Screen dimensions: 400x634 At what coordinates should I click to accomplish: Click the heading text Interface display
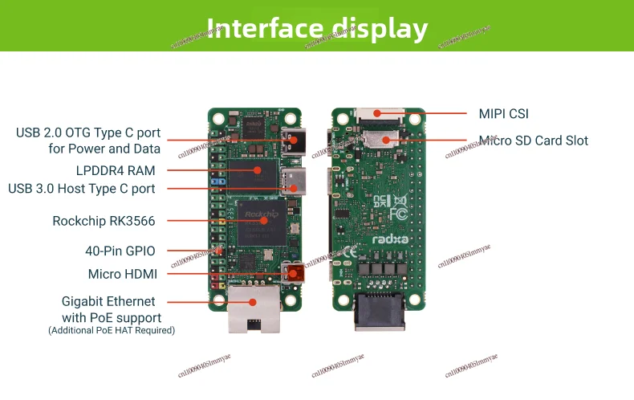tap(317, 28)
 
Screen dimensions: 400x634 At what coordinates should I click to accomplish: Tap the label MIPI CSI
tap(503, 114)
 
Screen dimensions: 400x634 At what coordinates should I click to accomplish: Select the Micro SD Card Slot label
tap(533, 141)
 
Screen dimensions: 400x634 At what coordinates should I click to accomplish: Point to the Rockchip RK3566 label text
tap(104, 221)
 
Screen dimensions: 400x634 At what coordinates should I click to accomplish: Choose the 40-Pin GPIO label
tap(120, 250)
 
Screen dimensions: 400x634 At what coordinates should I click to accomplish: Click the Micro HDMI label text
tap(122, 274)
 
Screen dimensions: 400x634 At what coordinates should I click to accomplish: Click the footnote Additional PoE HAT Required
tap(112, 330)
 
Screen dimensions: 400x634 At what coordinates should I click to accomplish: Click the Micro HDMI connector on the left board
tap(294, 273)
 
